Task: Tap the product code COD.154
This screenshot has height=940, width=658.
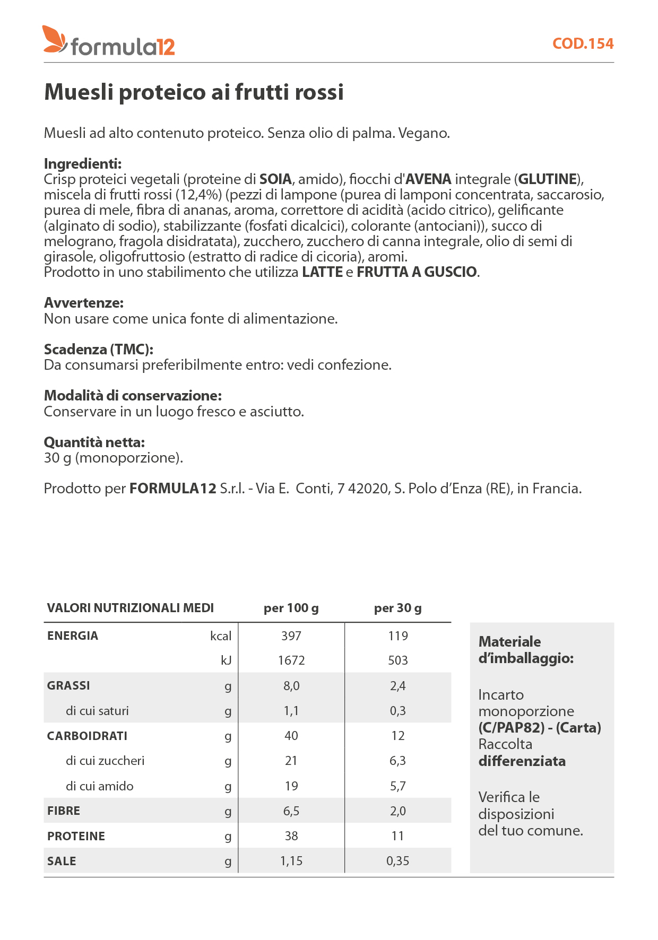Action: point(583,43)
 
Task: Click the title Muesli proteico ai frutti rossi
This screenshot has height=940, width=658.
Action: point(194,92)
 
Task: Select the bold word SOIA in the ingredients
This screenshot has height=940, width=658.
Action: point(275,179)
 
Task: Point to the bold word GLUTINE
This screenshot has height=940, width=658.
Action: point(547,179)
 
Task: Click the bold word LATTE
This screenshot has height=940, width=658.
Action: point(322,272)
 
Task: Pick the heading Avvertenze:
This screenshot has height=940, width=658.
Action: point(83,303)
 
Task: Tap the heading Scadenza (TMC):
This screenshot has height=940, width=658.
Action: point(98,350)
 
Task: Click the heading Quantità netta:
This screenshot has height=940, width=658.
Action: point(94,442)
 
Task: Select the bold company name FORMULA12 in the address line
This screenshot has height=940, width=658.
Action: point(172,489)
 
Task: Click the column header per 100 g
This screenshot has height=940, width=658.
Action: point(291,608)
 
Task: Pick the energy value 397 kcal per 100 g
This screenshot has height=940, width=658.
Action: point(291,636)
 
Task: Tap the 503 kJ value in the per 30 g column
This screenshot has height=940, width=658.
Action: point(397,660)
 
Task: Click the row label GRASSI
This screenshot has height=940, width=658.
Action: point(68,685)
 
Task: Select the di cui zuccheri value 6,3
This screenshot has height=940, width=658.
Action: point(397,761)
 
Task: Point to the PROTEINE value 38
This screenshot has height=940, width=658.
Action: point(291,836)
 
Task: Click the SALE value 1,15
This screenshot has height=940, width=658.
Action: point(291,861)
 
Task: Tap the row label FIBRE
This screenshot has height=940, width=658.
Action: point(63,811)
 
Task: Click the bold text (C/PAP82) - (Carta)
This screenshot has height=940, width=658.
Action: point(539,728)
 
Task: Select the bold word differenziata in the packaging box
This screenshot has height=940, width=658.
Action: point(522,761)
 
